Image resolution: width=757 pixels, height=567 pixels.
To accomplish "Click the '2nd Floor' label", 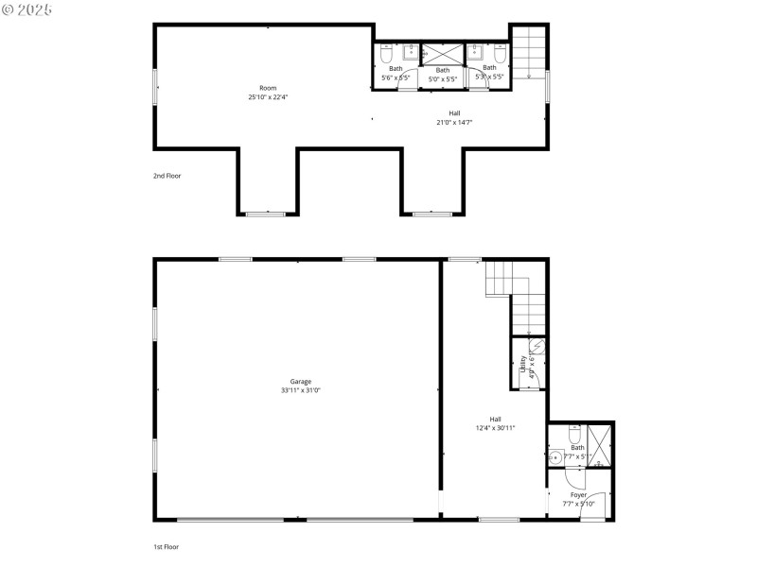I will pyautogui.click(x=167, y=176).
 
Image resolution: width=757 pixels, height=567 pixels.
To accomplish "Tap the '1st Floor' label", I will pyautogui.click(x=166, y=546).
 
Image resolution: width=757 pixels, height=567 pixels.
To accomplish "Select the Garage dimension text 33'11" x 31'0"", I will pyautogui.click(x=300, y=390).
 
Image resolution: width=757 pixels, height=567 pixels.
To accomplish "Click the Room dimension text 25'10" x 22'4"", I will pyautogui.click(x=268, y=96).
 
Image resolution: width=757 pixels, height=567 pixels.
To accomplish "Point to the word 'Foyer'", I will pyautogui.click(x=577, y=495).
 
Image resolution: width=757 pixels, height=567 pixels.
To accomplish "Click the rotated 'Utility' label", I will pyautogui.click(x=522, y=365).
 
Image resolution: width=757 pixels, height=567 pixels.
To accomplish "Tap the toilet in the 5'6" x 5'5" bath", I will pyautogui.click(x=386, y=58).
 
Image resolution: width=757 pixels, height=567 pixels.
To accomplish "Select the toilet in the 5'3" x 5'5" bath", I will pyautogui.click(x=501, y=58).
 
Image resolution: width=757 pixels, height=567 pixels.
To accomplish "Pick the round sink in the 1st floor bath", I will pyautogui.click(x=555, y=458).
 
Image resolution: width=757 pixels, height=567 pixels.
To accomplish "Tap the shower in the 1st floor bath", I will pyautogui.click(x=599, y=446).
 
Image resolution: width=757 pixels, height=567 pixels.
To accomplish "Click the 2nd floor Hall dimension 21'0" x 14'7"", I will pyautogui.click(x=454, y=122).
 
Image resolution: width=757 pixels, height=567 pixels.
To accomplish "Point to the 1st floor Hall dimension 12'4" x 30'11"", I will pyautogui.click(x=495, y=428).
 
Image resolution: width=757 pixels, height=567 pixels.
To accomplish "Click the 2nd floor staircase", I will pyautogui.click(x=529, y=53).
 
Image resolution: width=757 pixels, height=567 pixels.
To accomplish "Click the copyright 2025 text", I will pyautogui.click(x=28, y=9).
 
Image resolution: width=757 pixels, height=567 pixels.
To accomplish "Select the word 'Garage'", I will pyautogui.click(x=300, y=381).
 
